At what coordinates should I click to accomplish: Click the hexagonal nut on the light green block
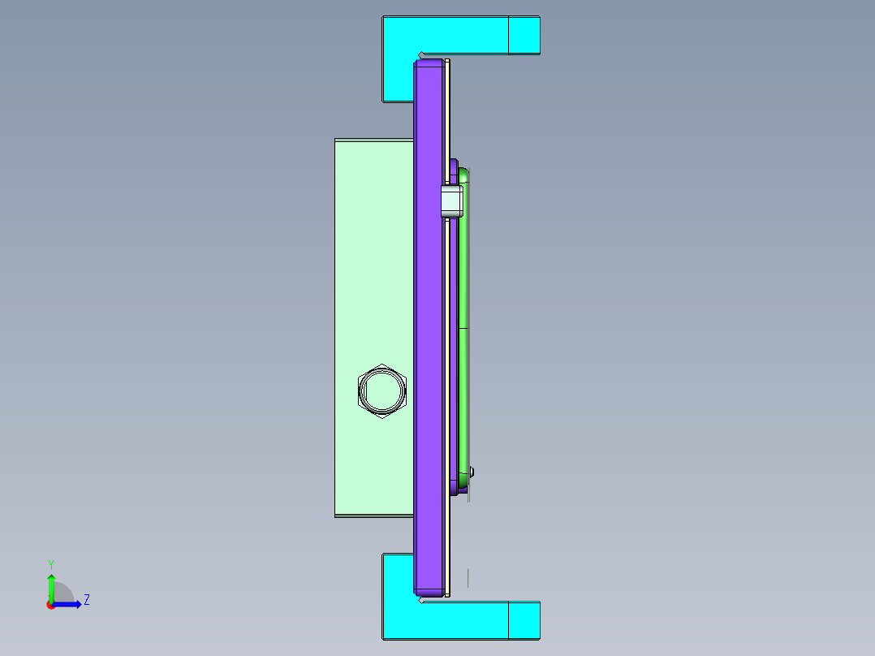point(381,391)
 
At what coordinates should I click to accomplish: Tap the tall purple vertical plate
point(430,325)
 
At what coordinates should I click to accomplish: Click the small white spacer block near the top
point(451,201)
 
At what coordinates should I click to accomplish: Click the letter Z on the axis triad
point(86,600)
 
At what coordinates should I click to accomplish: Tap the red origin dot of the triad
point(50,605)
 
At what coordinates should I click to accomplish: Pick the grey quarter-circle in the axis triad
point(64,593)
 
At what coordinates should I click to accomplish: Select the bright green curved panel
point(464,325)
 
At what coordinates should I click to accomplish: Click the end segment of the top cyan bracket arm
point(524,35)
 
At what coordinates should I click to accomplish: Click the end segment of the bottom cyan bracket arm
point(524,620)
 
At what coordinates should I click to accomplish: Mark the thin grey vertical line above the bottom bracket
point(468,577)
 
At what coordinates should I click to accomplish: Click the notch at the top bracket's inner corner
point(420,55)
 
